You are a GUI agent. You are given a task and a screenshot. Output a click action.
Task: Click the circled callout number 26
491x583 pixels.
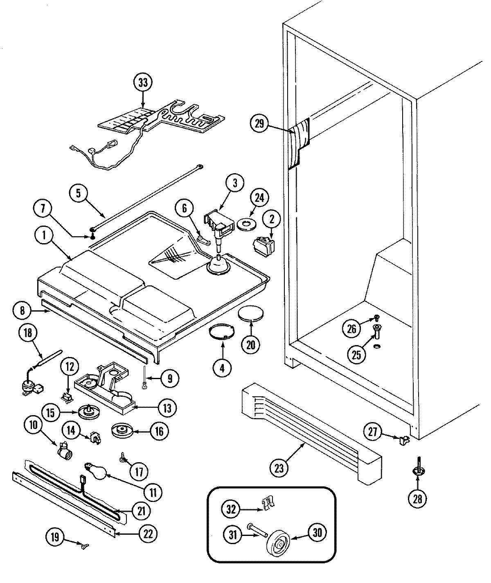352,328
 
